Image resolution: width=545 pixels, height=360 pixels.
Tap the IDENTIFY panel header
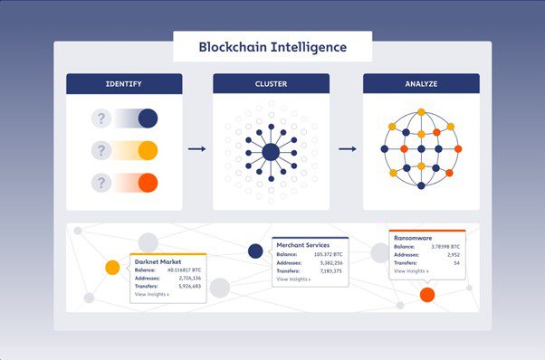click(x=124, y=84)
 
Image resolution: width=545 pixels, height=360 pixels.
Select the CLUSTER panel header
click(x=271, y=84)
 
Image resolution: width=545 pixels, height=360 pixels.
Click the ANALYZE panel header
click(x=420, y=84)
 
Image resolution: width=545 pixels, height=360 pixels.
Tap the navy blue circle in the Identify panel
click(x=148, y=118)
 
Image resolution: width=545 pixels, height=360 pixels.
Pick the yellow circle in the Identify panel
click(x=148, y=150)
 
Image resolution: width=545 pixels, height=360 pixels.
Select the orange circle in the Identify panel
click(x=148, y=183)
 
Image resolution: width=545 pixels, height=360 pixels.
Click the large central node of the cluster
click(x=271, y=151)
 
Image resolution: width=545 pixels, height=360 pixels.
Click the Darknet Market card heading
click(x=160, y=260)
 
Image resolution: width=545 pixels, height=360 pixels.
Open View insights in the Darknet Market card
click(x=151, y=295)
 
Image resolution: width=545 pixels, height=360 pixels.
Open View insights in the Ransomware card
click(x=411, y=270)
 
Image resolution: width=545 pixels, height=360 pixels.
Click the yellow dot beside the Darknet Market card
click(x=112, y=268)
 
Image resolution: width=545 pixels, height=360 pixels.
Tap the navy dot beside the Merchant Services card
click(x=255, y=251)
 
